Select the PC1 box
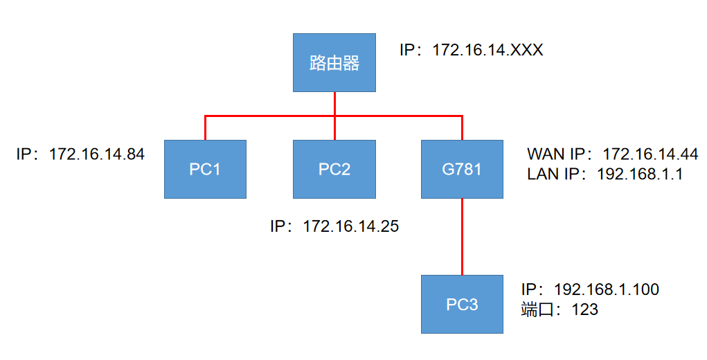coord(205,169)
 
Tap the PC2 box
coord(334,169)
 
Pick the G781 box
coord(462,169)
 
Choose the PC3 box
coord(462,304)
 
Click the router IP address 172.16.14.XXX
coord(487,51)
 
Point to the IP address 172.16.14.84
coord(97,154)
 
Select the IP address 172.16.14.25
coord(351,226)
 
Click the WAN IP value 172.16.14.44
coord(650,154)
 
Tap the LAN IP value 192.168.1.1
coord(640,174)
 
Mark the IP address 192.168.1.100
coord(607,289)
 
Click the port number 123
coord(584,309)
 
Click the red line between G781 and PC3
coord(462,235)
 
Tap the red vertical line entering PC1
coord(206,128)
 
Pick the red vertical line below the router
coord(334,104)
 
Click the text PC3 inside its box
coord(462,304)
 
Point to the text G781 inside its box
coord(462,169)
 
